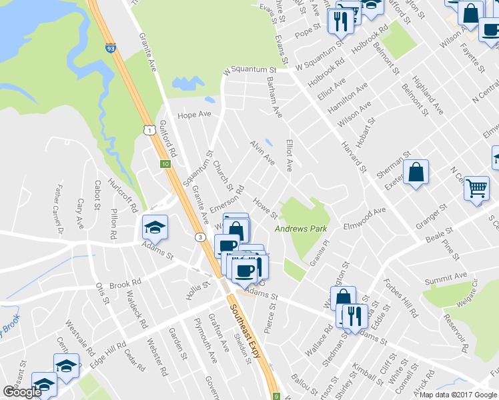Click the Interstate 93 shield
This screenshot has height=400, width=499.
tap(109, 48)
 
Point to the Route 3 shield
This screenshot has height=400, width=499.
tap(199, 237)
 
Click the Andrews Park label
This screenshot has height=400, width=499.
tap(301, 229)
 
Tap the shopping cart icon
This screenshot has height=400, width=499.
tap(476, 188)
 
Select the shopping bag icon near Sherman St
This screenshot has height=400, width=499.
tap(416, 172)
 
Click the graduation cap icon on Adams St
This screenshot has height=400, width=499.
tap(155, 227)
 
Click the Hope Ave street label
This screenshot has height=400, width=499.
tap(193, 115)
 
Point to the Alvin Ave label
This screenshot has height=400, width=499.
tap(262, 153)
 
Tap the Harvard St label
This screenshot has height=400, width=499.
tap(354, 155)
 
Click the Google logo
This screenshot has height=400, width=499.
tap(22, 392)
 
